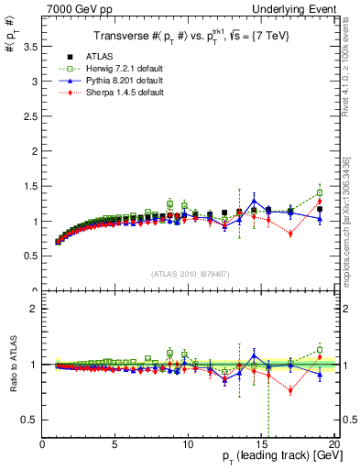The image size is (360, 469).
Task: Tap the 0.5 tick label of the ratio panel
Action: pos(31,420)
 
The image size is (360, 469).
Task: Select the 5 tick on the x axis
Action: pos(115,445)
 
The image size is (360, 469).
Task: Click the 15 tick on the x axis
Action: pos(260,445)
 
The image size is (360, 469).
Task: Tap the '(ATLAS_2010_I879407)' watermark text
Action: pos(189,274)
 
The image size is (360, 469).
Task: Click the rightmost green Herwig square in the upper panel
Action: pos(319,193)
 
